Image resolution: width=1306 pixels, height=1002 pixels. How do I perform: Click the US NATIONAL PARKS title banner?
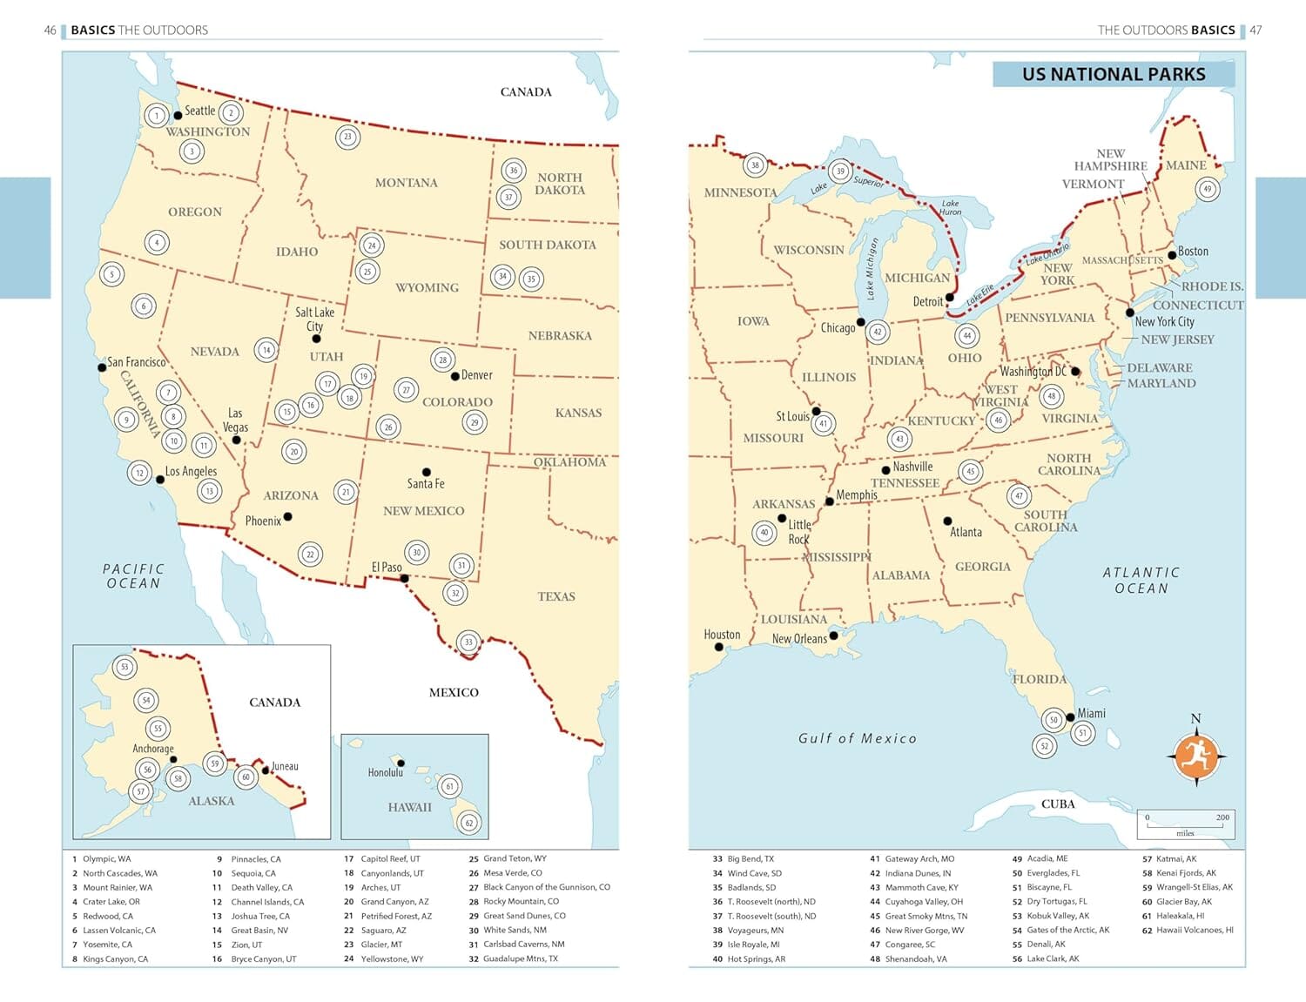(1114, 74)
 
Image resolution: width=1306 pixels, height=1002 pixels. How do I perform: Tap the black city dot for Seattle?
(178, 115)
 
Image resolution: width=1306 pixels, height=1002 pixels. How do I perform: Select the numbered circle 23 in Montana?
(347, 137)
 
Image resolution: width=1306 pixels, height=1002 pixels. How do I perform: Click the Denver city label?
(476, 375)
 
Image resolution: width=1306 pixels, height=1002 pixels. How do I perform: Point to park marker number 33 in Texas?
(468, 642)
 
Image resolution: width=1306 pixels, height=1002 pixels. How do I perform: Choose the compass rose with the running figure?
(1195, 756)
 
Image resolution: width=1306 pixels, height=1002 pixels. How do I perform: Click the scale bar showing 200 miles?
(1185, 824)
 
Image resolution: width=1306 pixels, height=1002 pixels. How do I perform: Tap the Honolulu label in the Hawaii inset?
(385, 772)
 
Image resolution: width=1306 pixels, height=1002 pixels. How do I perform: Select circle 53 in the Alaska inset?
(125, 668)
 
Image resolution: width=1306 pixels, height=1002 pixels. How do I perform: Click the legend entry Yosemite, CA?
(103, 945)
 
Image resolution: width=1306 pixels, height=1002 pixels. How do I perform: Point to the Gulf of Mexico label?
(858, 738)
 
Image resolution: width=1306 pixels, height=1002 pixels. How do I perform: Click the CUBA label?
(1058, 804)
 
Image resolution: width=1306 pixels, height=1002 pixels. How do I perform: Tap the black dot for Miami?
(1070, 717)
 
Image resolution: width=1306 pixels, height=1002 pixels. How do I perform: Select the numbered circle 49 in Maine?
(1207, 189)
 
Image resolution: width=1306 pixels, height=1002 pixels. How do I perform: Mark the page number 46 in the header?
(50, 30)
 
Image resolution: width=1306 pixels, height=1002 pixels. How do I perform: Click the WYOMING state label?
(427, 287)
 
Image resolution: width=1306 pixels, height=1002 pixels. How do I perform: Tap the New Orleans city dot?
(833, 635)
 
